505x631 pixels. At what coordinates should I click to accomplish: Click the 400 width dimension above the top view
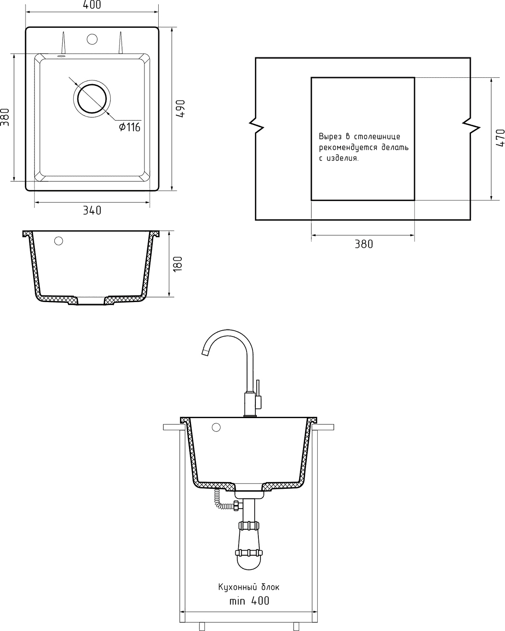pyautogui.click(x=92, y=5)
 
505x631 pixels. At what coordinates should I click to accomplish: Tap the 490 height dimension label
pyautogui.click(x=181, y=109)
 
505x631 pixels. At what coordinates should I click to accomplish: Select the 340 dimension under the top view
pyautogui.click(x=92, y=210)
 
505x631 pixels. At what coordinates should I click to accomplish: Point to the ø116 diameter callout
pyautogui.click(x=130, y=127)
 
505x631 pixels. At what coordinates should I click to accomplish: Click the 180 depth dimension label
pyautogui.click(x=178, y=264)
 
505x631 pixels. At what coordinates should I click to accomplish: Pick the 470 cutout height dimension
pyautogui.click(x=500, y=138)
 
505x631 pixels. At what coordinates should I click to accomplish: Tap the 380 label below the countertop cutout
pyautogui.click(x=364, y=244)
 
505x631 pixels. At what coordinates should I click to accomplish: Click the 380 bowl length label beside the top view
pyautogui.click(x=5, y=117)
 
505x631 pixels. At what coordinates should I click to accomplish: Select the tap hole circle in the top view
pyautogui.click(x=92, y=39)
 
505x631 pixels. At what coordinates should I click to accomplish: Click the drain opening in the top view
pyautogui.click(x=92, y=98)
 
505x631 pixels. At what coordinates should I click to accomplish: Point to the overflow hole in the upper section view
pyautogui.click(x=58, y=241)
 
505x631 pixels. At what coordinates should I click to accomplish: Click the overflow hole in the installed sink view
pyautogui.click(x=216, y=427)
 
